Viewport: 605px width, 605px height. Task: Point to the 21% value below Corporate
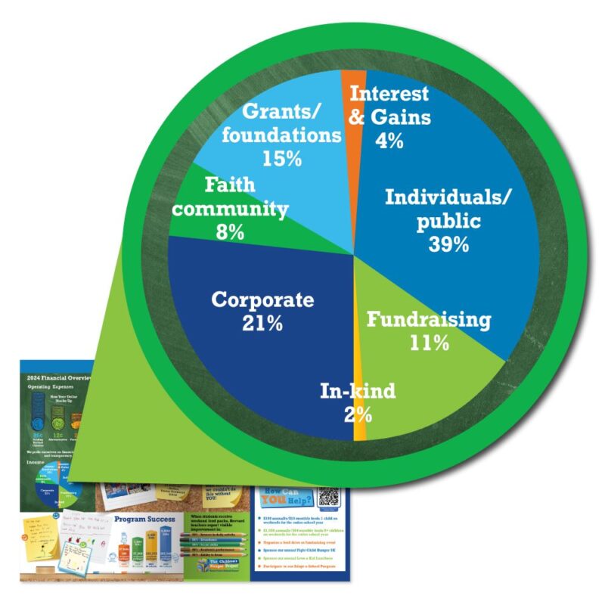click(x=262, y=324)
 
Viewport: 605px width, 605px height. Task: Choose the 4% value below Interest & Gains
click(x=390, y=141)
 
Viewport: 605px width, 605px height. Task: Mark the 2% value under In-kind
click(x=357, y=414)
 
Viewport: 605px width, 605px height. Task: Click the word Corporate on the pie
click(x=262, y=300)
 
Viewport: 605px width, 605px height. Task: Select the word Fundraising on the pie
click(x=429, y=319)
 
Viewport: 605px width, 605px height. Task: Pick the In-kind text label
click(x=357, y=392)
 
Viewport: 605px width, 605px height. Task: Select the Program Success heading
click(x=144, y=520)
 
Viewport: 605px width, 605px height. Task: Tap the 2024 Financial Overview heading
click(x=57, y=377)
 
